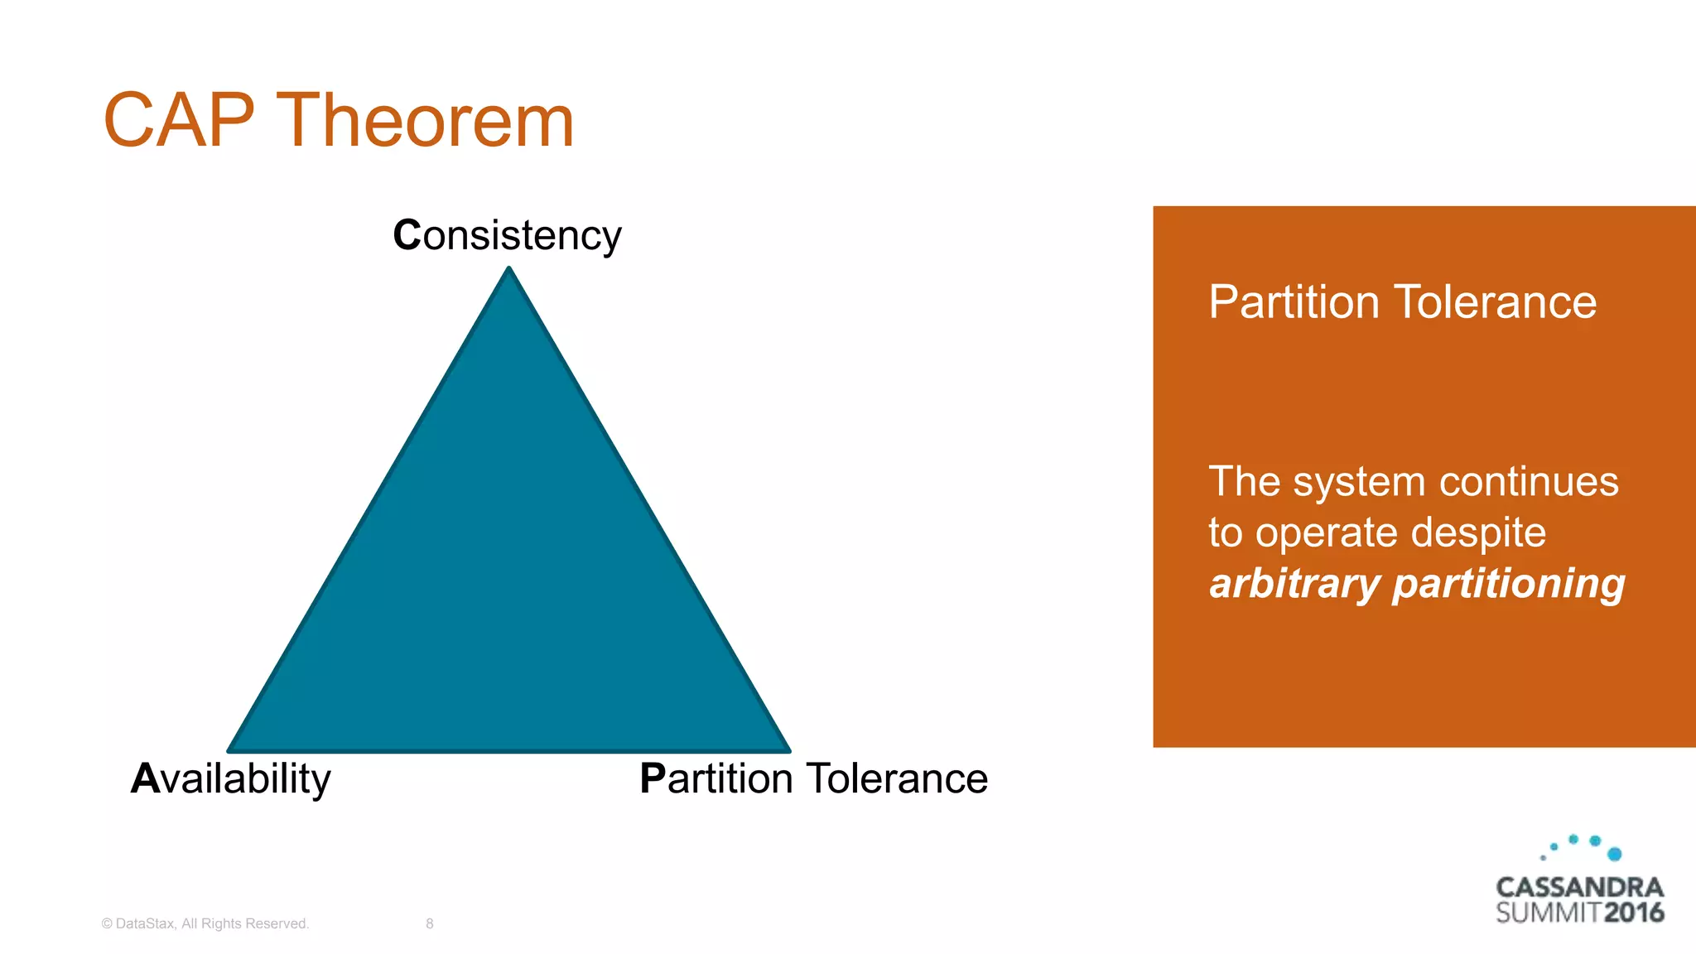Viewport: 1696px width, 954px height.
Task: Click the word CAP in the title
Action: click(x=178, y=121)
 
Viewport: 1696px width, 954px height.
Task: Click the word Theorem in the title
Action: click(x=425, y=121)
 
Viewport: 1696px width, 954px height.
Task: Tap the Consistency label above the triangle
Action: click(x=507, y=235)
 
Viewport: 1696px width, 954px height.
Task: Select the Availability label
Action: click(x=231, y=778)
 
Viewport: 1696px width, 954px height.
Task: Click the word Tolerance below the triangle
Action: click(x=897, y=778)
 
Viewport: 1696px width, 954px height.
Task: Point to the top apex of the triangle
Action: click(x=509, y=270)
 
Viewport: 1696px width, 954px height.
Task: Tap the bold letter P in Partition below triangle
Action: click(x=653, y=778)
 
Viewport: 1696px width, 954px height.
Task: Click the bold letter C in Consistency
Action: click(x=407, y=235)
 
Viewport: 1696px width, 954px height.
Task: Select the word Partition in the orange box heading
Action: click(x=1294, y=302)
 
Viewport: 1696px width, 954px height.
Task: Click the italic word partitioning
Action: click(x=1508, y=585)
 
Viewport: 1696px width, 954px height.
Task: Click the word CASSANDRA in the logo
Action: click(x=1579, y=887)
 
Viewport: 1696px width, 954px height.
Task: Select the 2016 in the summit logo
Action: click(x=1633, y=913)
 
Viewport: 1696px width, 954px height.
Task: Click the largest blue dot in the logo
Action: click(x=1614, y=854)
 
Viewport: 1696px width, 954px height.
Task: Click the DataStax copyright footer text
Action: click(x=205, y=923)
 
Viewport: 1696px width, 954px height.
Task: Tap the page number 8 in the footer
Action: click(x=430, y=923)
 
